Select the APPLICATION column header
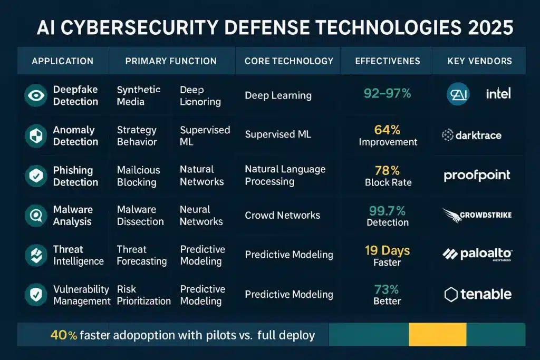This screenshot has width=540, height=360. click(62, 61)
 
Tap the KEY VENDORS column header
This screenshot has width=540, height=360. click(479, 61)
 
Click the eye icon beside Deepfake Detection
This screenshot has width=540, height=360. click(36, 95)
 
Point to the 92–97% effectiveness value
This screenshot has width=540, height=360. click(388, 94)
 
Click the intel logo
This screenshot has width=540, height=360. click(498, 94)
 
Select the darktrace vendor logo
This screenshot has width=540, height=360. click(471, 135)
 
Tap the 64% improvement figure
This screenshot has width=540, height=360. click(388, 130)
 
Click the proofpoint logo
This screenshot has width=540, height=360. click(477, 176)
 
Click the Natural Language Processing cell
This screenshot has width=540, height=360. click(285, 176)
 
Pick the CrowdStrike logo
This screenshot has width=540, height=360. click(477, 215)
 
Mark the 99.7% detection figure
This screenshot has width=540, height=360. click(388, 211)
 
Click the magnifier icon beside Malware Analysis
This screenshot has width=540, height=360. click(36, 215)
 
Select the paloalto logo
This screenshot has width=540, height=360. click(477, 255)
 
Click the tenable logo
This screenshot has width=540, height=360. click(478, 294)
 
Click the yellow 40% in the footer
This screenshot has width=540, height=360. click(63, 335)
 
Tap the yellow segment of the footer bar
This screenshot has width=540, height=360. click(438, 335)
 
